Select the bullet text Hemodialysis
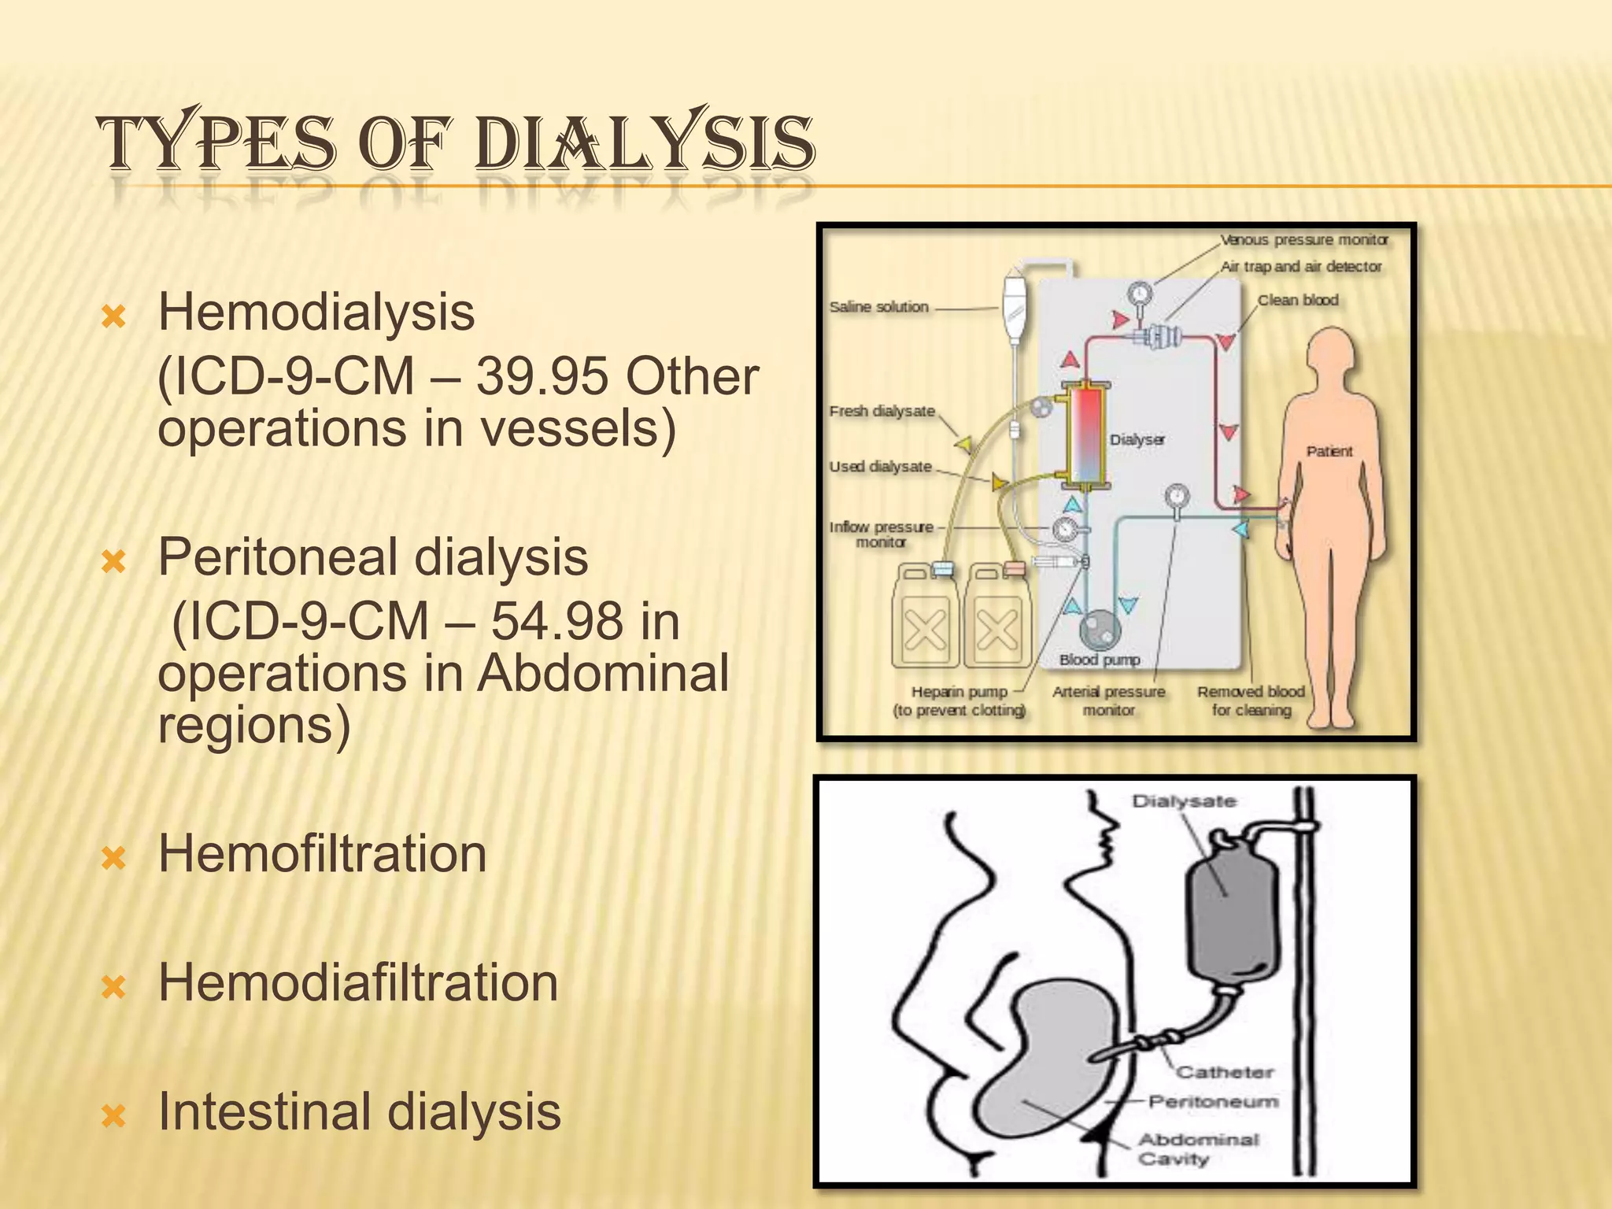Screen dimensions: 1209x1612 coord(316,312)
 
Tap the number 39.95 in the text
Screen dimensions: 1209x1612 coord(542,376)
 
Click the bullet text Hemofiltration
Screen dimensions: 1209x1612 coord(323,853)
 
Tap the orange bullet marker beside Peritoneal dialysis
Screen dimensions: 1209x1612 coord(115,562)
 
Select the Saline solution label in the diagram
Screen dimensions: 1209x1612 coord(879,307)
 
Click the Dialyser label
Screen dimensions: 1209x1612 coord(1137,439)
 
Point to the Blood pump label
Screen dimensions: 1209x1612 coord(1100,660)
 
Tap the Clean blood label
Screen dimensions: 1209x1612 coord(1298,300)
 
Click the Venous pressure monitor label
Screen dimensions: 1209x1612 coord(1304,239)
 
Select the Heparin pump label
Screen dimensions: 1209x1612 coord(959,692)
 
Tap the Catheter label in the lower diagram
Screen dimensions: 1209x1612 coord(1225,1072)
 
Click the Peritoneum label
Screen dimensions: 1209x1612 coord(1213,1101)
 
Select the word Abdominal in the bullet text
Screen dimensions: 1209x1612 coord(604,674)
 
